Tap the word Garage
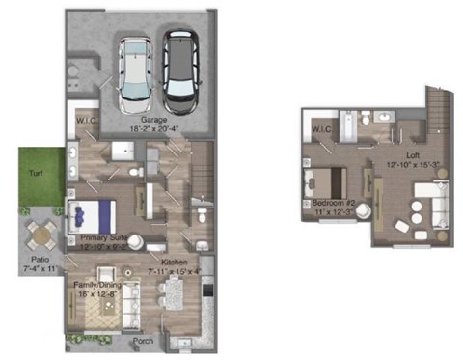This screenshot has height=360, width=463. [x=140, y=119]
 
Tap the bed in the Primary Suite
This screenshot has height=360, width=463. [x=92, y=213]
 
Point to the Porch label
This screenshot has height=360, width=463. [x=143, y=339]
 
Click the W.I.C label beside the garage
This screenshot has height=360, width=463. [x=84, y=121]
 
